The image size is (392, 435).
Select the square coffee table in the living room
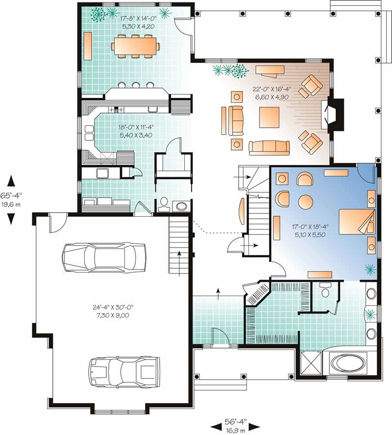269,117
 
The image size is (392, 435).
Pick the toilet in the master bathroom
325,292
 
